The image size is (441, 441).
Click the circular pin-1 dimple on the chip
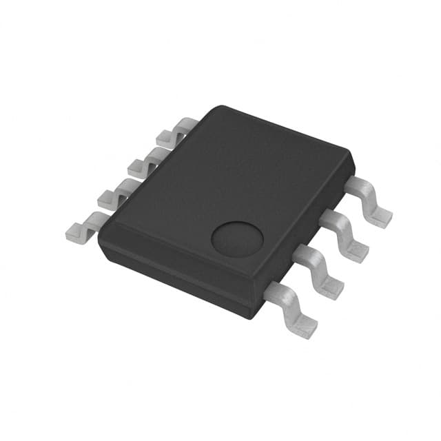(x=237, y=239)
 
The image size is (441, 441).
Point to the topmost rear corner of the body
(x=219, y=107)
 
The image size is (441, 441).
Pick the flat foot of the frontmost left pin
(x=76, y=227)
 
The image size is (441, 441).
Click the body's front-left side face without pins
(x=172, y=276)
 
